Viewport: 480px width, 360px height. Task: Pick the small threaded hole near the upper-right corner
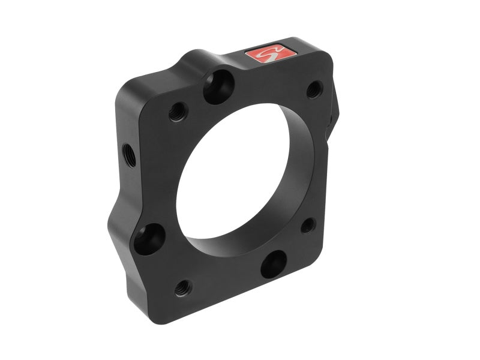point(314,90)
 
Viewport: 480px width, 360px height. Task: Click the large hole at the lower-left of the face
point(149,239)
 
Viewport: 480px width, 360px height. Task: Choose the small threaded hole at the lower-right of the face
point(308,226)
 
